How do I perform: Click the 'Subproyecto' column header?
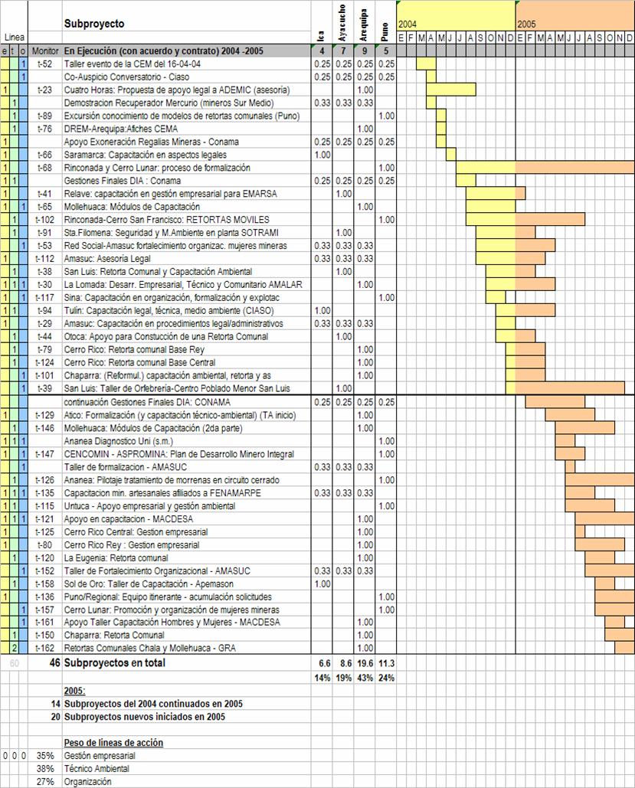coord(93,24)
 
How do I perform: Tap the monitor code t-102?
coord(47,220)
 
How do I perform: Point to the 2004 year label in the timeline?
coord(408,25)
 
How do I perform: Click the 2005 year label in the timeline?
coord(526,25)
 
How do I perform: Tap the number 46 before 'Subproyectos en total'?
coord(54,663)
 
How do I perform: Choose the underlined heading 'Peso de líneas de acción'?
coord(113,743)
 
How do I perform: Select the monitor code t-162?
coord(47,649)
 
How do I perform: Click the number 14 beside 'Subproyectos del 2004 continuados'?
coord(54,704)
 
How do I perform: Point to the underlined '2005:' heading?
coord(74,691)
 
